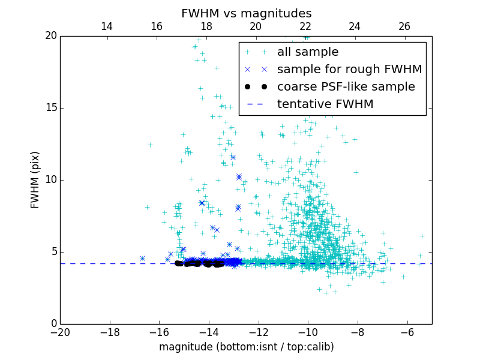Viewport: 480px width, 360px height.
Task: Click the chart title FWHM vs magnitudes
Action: [x=246, y=13]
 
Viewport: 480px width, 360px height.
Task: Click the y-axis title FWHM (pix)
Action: [x=35, y=179]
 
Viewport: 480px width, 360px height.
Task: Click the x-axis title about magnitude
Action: [x=246, y=347]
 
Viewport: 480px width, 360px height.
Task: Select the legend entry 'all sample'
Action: [x=307, y=52]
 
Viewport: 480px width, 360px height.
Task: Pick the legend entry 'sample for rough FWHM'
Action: [x=349, y=70]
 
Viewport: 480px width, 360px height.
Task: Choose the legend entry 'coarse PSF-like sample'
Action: [x=346, y=87]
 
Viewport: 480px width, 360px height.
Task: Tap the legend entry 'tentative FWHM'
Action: [x=325, y=104]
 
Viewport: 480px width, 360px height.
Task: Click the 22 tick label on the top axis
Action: [x=305, y=26]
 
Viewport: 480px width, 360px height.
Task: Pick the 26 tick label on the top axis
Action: [x=404, y=26]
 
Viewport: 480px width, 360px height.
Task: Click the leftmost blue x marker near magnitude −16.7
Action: [x=142, y=258]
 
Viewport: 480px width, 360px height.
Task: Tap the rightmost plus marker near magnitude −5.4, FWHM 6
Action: [x=422, y=236]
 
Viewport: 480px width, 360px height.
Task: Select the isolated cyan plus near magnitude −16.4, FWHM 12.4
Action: [x=150, y=145]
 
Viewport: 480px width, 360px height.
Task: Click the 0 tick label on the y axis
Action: [x=53, y=324]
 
